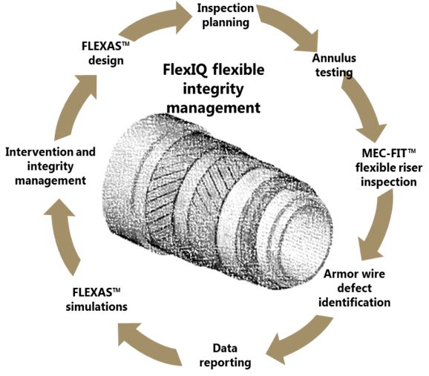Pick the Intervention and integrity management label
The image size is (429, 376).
click(50, 165)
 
